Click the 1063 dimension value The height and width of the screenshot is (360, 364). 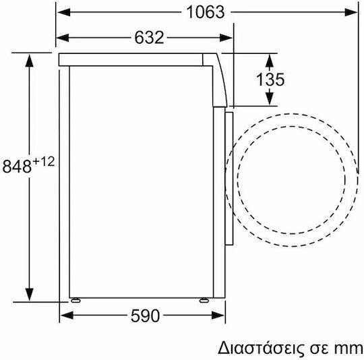[x=206, y=12]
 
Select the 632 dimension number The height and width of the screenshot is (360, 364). [x=149, y=37]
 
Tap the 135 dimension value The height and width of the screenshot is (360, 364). [x=270, y=80]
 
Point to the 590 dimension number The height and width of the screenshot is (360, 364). [x=146, y=316]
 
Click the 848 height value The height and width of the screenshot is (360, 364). [x=17, y=167]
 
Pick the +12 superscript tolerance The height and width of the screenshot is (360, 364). [x=44, y=162]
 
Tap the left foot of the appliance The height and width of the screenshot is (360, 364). [x=75, y=301]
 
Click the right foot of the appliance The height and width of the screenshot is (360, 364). [x=204, y=301]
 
